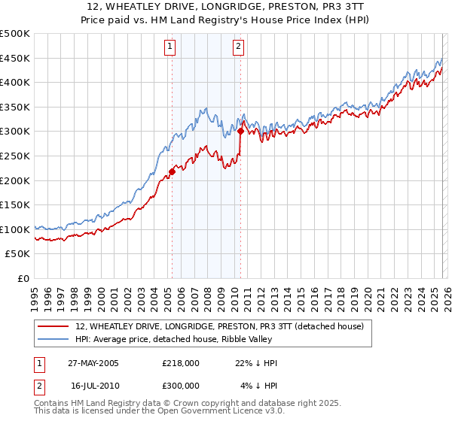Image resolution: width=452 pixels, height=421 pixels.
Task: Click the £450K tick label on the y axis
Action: tap(15, 58)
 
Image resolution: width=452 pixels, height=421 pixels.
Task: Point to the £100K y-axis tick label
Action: tap(15, 229)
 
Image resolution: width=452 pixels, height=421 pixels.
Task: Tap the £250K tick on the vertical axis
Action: tap(15, 156)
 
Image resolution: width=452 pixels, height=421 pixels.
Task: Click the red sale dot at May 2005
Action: tap(173, 171)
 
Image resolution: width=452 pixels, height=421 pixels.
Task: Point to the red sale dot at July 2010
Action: tap(240, 131)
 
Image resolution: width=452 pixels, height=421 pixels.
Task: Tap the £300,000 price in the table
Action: tap(181, 385)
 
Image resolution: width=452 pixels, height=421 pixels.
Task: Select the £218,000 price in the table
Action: tap(181, 363)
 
